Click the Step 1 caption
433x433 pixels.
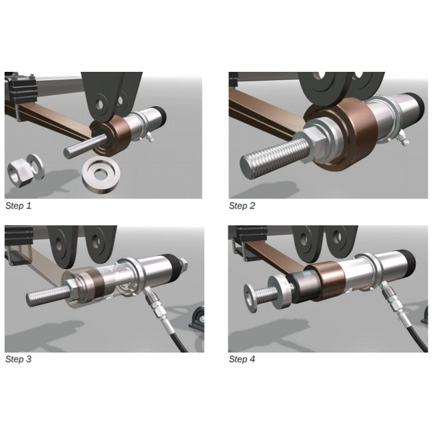pyautogui.click(x=18, y=206)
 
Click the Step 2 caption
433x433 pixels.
pyautogui.click(x=242, y=206)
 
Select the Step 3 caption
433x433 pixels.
pyautogui.click(x=18, y=359)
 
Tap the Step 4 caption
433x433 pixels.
pyautogui.click(x=242, y=359)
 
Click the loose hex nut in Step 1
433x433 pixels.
pyautogui.click(x=18, y=175)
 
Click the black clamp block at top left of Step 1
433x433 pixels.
pyautogui.click(x=21, y=88)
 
